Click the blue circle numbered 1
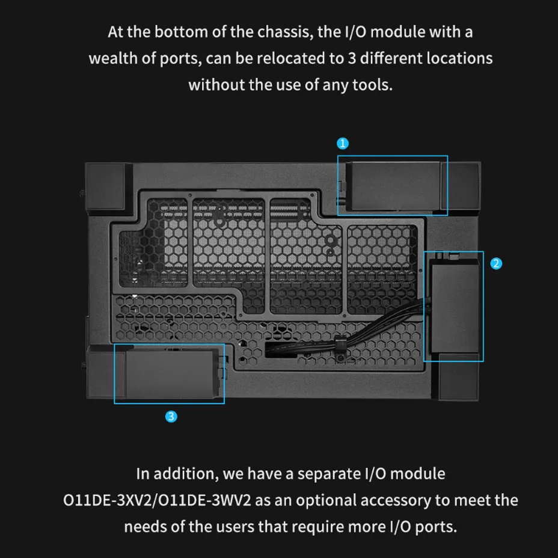[x=342, y=144]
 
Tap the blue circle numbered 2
[x=495, y=264]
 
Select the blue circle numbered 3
[x=171, y=416]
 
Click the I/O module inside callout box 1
[x=393, y=186]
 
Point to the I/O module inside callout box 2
[x=455, y=305]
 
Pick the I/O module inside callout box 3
[x=171, y=373]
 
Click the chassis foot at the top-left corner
[x=105, y=186]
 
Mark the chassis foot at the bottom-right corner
[x=459, y=377]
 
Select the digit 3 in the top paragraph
[x=352, y=59]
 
